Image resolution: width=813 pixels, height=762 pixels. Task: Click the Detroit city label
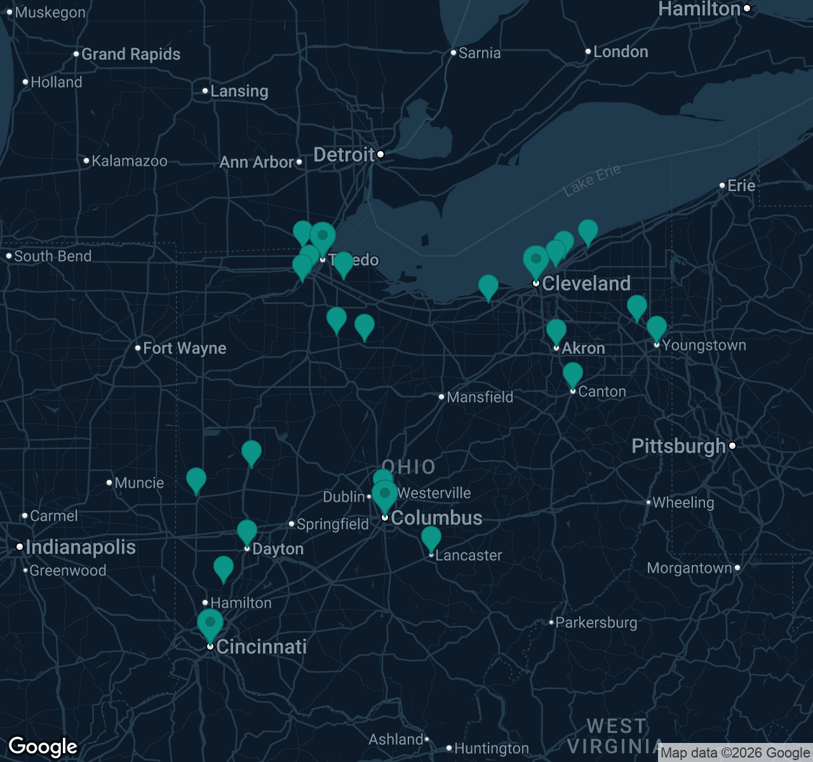pos(344,155)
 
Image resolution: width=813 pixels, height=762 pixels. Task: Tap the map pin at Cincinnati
pos(210,624)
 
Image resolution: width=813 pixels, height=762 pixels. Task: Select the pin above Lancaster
pos(431,538)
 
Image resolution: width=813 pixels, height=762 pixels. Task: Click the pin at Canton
pos(573,375)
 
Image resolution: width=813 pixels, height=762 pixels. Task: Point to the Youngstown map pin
pos(657,328)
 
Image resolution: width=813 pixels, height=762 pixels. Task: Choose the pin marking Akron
pos(556,331)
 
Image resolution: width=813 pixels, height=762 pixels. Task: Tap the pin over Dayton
pos(247,532)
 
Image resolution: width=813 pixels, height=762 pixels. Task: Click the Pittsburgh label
pos(678,446)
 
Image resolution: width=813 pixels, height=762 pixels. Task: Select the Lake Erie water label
pos(592,180)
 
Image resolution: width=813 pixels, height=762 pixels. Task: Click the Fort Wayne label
pos(184,349)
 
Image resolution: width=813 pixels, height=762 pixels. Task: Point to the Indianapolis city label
pos(81,547)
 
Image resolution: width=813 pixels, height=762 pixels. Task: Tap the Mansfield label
pos(480,398)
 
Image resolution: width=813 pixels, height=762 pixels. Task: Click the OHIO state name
pos(408,467)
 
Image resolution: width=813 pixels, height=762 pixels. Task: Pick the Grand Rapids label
pos(131,55)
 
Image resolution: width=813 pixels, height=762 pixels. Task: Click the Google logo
pos(43,747)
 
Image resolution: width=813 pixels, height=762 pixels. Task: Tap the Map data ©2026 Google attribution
pos(735,753)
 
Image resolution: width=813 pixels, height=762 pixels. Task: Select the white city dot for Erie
pos(722,186)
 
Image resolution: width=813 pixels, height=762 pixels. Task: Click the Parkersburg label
pos(596,623)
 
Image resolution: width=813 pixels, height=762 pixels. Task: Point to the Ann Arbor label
pos(257,163)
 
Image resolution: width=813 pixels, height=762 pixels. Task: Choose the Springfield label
pos(332,525)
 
